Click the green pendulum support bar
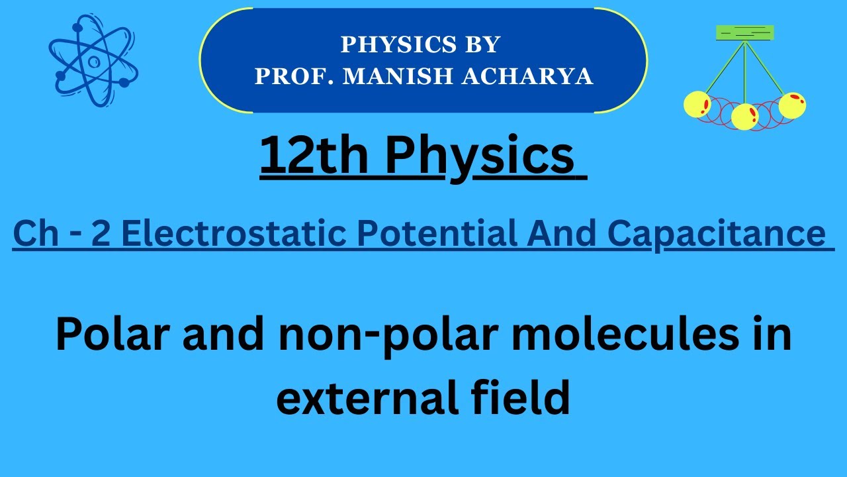(744, 32)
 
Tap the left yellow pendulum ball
(696, 105)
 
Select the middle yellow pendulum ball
(744, 117)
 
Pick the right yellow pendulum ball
(792, 105)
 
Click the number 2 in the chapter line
(101, 234)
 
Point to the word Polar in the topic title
(108, 335)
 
